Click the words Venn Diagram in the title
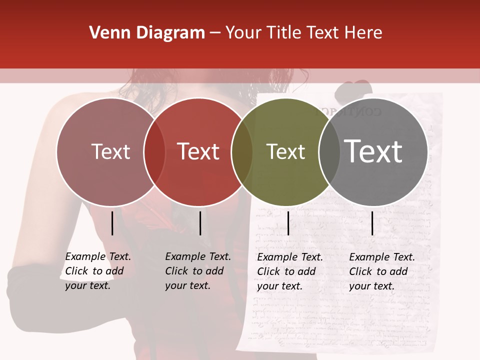[147, 33]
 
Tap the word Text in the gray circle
[373, 151]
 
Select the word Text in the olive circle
[285, 152]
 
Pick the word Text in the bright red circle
[198, 151]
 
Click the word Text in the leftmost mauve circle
[110, 151]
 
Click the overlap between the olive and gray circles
[329, 152]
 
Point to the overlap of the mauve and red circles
[154, 152]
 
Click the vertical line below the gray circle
[372, 223]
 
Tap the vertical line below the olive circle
[288, 223]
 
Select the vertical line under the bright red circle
[200, 223]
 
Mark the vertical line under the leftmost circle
[112, 223]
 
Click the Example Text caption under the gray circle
[381, 271]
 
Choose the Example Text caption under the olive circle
[289, 271]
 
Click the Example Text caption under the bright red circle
[197, 271]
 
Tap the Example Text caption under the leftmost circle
[97, 271]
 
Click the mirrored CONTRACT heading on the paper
[350, 111]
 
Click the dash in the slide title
[215, 33]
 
